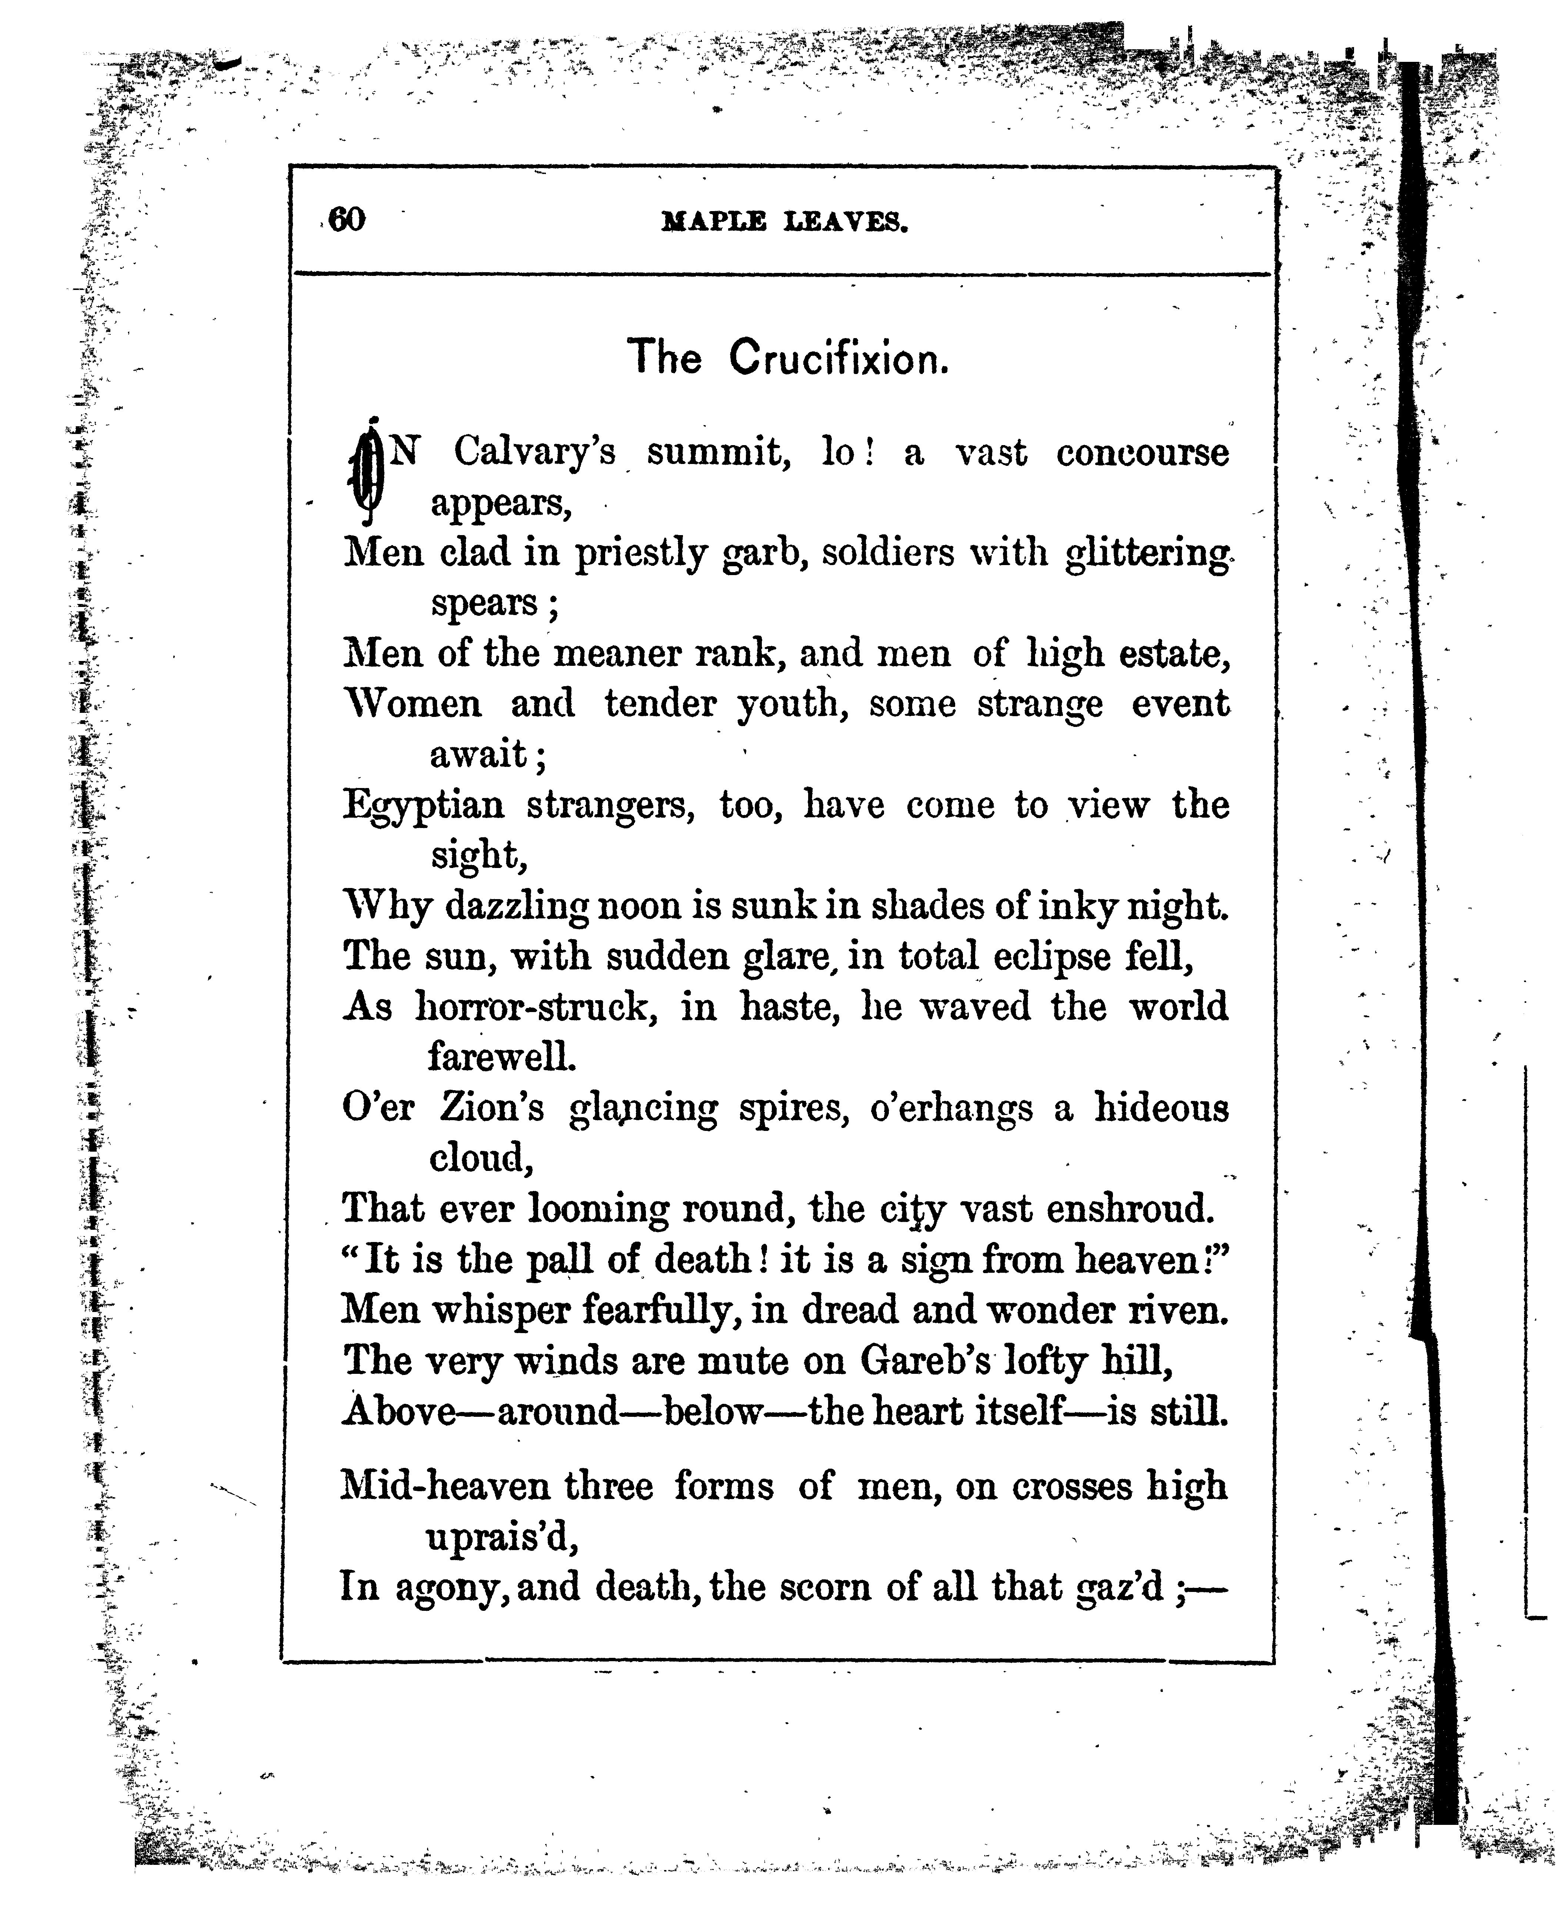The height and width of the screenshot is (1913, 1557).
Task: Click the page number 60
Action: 347,219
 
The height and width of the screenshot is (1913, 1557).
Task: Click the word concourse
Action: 1142,452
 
